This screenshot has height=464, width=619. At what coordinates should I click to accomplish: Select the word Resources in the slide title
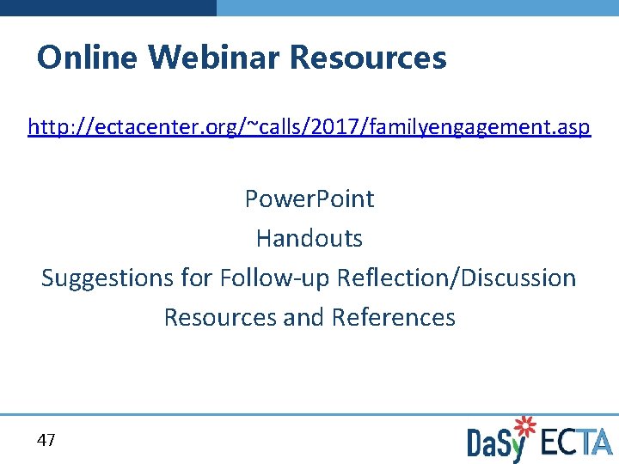(x=368, y=58)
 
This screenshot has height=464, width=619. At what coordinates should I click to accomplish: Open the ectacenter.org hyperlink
(x=309, y=128)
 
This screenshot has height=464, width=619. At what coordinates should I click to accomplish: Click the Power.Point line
(x=309, y=198)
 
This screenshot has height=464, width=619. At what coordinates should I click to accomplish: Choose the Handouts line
(x=309, y=238)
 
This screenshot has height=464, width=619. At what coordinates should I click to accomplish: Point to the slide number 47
(x=46, y=441)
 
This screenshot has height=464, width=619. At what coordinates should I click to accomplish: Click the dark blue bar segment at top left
(x=107, y=7)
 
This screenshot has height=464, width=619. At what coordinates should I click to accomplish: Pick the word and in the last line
(x=303, y=317)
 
